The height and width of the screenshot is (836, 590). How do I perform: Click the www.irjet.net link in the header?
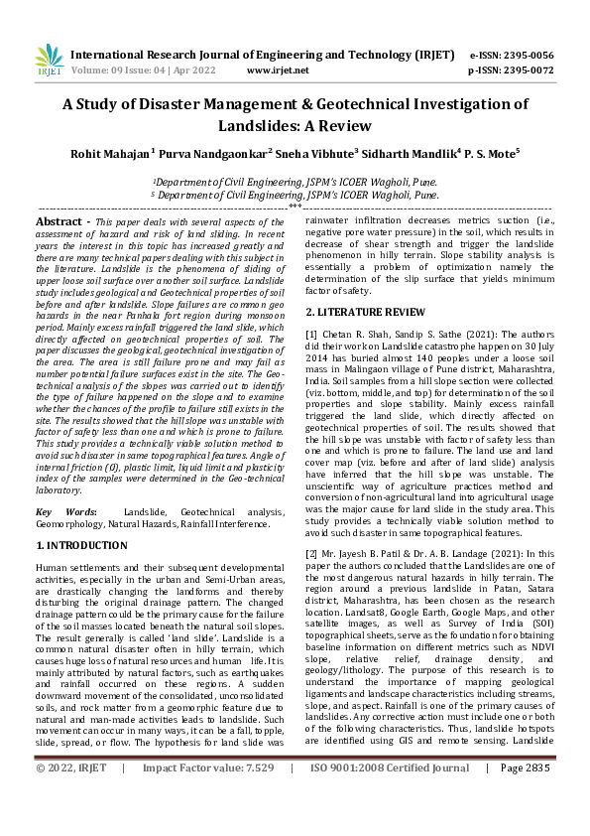point(274,71)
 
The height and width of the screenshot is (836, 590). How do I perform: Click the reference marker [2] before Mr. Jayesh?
point(311,553)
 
